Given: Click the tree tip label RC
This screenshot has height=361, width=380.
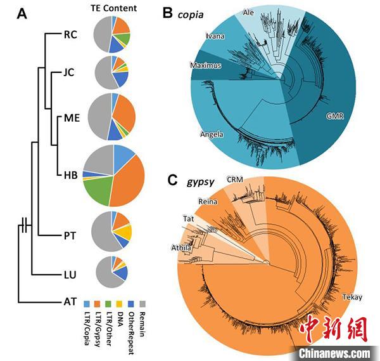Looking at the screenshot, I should point(70,35).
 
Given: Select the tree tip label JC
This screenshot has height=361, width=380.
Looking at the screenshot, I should point(69,72).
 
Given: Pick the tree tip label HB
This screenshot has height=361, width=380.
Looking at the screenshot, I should point(70,175).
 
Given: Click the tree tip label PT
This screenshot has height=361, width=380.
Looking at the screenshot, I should point(70,234).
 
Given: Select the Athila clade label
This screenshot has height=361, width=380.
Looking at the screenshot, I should point(180,247).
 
